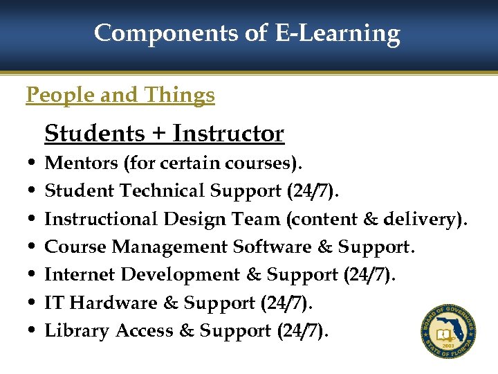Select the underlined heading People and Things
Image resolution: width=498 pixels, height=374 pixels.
click(120, 95)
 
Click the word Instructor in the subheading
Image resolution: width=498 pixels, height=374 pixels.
click(228, 133)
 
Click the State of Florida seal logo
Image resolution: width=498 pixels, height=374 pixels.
click(449, 331)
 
